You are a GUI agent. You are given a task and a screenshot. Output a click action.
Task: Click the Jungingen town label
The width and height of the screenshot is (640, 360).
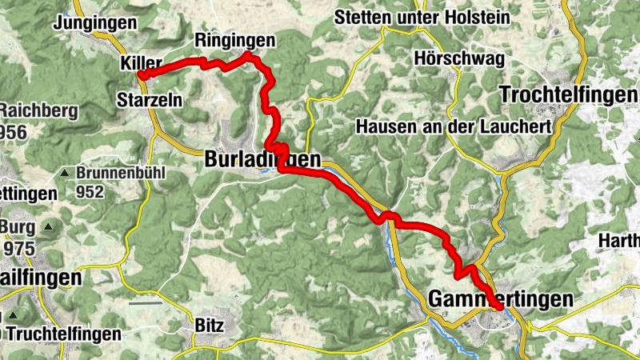tap(94, 24)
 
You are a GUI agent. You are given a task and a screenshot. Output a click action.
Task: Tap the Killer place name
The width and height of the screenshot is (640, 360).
tap(142, 62)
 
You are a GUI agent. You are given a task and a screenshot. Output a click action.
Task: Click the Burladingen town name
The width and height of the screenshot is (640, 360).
tap(263, 160)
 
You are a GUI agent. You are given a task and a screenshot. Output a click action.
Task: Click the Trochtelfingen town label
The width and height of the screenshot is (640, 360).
tap(569, 94)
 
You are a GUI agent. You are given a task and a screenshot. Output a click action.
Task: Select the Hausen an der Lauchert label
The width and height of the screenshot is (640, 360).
tap(454, 126)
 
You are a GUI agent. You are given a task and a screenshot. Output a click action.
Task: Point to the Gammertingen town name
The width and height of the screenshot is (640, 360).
tap(501, 298)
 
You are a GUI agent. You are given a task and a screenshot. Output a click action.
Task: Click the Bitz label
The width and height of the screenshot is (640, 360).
tap(210, 326)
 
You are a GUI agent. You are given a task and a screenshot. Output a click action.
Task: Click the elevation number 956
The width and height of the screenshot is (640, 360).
tap(13, 130)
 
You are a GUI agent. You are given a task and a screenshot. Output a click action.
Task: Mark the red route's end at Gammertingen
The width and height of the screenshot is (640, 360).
tap(499, 307)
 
